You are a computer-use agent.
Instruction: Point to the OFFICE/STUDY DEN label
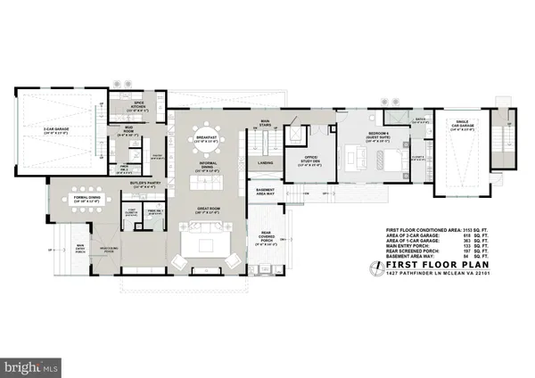(307, 162)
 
